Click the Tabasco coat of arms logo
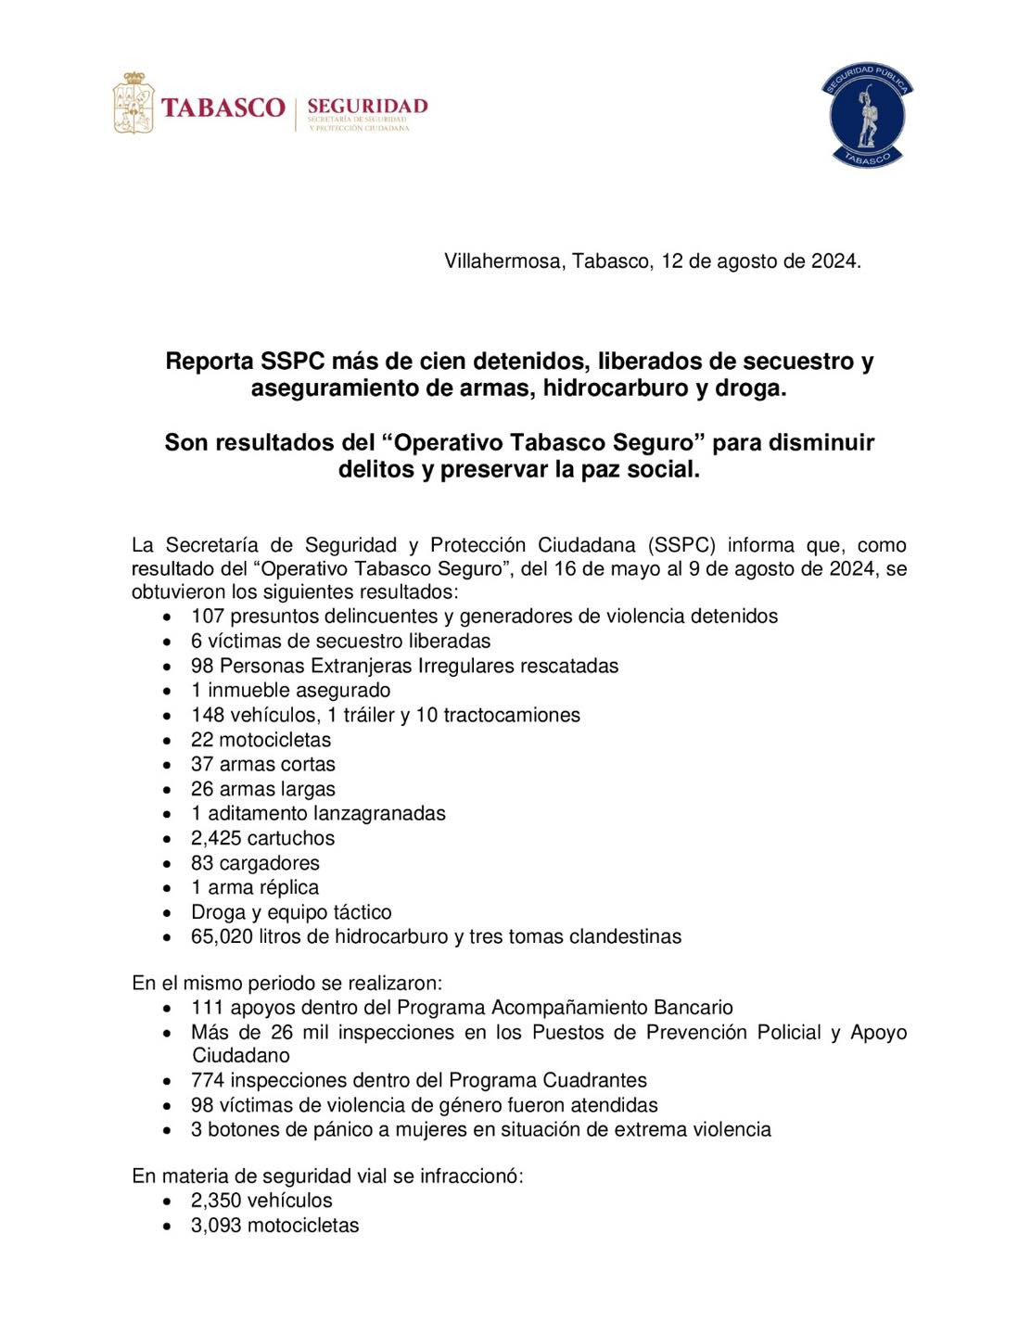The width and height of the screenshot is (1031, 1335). (133, 103)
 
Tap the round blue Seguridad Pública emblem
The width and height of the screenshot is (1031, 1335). (867, 116)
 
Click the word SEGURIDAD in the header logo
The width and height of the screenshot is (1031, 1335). (367, 105)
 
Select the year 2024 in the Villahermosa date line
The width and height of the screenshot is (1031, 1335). (834, 261)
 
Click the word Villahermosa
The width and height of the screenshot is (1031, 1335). (502, 261)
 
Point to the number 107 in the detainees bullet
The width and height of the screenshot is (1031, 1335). (208, 617)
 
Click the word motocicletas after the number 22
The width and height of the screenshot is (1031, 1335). (274, 740)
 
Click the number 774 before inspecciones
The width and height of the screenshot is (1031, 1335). (208, 1081)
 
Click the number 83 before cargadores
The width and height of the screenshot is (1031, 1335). (202, 863)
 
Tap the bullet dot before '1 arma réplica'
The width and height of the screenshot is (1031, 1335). (166, 888)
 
